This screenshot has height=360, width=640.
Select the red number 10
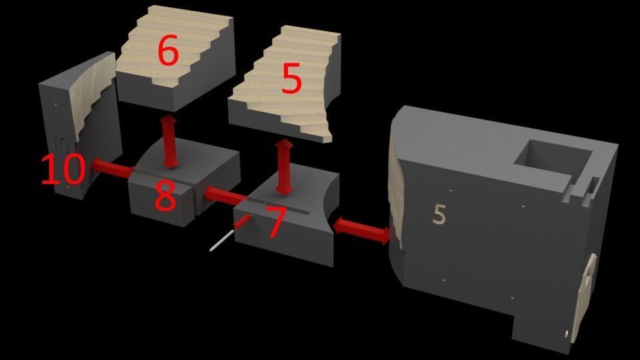pos(64,168)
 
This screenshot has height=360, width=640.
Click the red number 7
pos(275,221)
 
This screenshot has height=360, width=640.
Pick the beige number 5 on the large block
pos(439,214)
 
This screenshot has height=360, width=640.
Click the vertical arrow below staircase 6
pos(170,141)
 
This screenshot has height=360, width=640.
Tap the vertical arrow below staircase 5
pos(284,168)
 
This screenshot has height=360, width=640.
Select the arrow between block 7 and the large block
pos(361,231)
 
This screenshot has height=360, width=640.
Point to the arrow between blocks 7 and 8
pos(225,195)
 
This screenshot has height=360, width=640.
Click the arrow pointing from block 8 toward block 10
pos(113,169)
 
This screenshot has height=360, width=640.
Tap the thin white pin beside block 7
pos(221,240)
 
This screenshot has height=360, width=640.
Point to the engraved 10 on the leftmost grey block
pos(61,145)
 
